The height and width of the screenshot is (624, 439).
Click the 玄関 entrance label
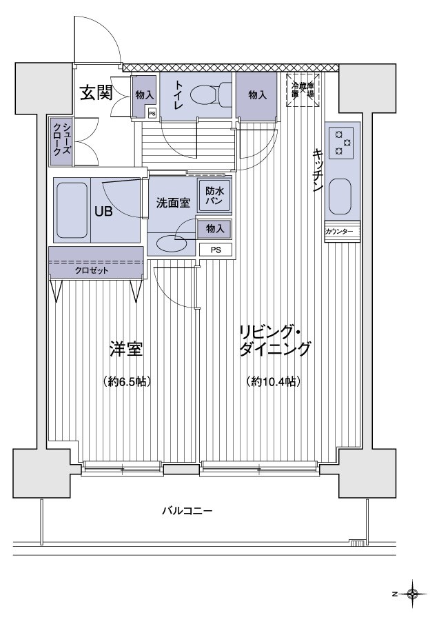(x=95, y=92)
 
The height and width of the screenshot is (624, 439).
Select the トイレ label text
(x=179, y=94)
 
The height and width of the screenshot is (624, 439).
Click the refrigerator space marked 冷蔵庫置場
(x=303, y=90)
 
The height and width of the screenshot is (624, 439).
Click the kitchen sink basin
(x=341, y=196)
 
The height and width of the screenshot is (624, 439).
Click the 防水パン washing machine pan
(x=214, y=198)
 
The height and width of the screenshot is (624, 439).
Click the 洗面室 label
(x=172, y=203)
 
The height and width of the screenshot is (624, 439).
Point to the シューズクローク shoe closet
(x=60, y=141)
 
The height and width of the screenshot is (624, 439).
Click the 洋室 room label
(x=125, y=349)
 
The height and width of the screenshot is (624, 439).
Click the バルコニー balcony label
(x=187, y=511)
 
